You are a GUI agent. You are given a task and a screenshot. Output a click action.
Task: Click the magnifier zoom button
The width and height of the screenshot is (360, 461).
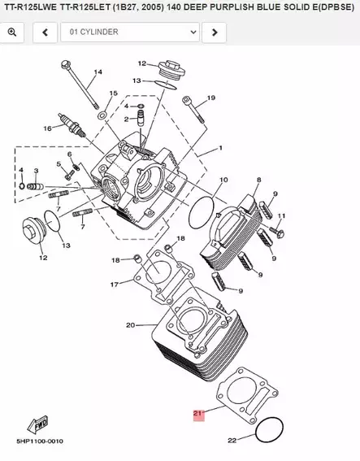(12, 32)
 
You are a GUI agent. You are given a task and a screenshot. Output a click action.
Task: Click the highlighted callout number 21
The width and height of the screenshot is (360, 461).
(197, 414)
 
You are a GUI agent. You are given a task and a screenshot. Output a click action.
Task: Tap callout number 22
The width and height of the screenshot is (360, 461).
(232, 440)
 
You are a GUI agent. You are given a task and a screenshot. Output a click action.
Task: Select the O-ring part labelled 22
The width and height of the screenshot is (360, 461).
(269, 431)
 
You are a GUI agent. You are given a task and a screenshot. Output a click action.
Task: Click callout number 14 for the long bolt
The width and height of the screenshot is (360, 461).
(98, 72)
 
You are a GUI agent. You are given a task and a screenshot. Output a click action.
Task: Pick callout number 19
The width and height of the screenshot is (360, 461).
(210, 98)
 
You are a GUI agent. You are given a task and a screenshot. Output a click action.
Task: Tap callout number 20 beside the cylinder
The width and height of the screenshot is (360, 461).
(129, 325)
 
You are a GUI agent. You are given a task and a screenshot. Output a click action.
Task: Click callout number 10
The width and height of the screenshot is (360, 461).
(223, 179)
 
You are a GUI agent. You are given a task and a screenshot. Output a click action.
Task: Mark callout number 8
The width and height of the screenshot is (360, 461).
(258, 179)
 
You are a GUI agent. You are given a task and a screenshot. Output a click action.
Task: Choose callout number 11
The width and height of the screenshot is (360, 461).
(282, 215)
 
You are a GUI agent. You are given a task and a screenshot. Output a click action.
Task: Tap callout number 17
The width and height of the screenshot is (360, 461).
(115, 285)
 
